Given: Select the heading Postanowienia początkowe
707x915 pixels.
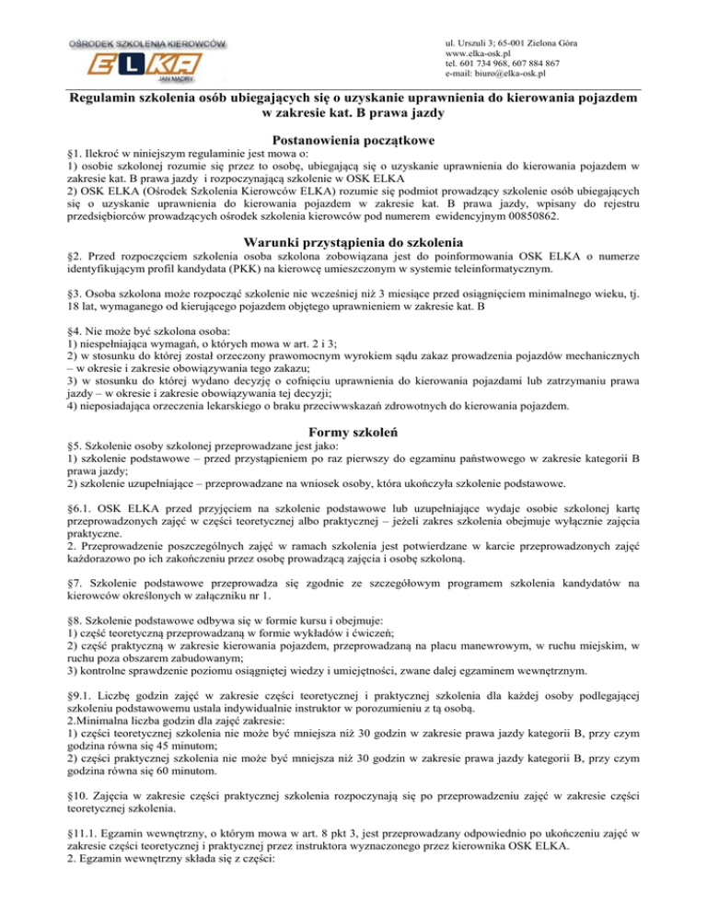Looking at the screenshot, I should [353, 141].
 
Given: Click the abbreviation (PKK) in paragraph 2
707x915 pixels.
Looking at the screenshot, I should [238, 269].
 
